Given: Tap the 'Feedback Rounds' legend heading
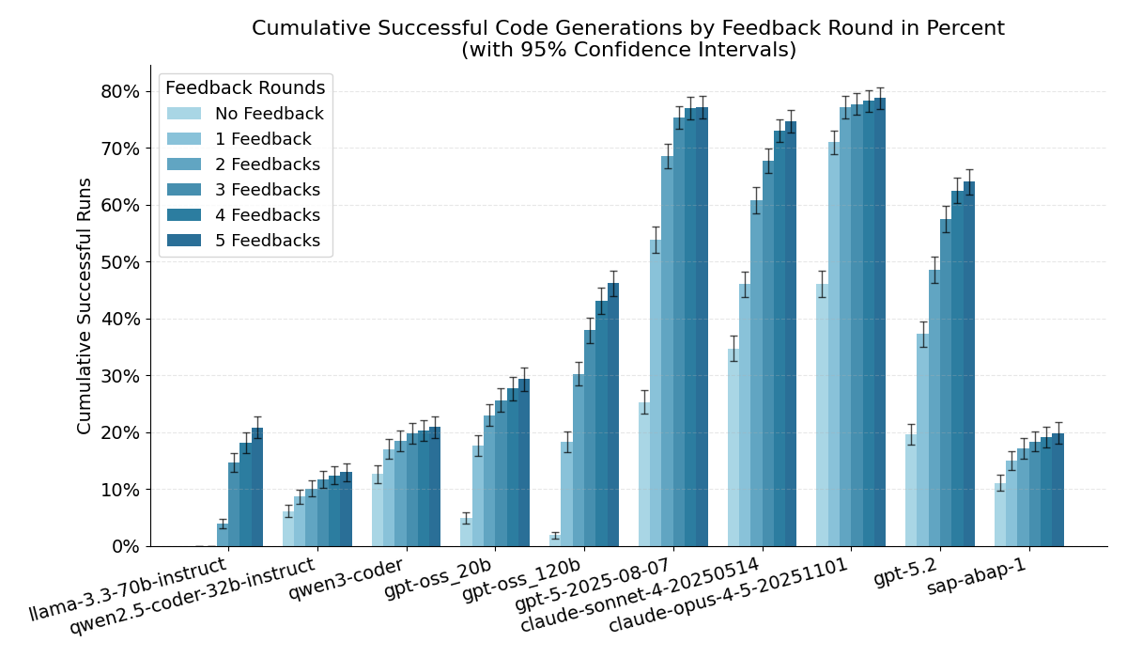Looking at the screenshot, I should [245, 88].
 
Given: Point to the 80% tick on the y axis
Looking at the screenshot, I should [119, 92].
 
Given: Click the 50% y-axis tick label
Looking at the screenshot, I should [119, 262].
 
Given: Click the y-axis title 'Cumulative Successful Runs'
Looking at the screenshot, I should [85, 305].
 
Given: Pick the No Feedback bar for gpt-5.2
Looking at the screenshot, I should [911, 490].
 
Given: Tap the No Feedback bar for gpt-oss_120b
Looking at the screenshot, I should [555, 541].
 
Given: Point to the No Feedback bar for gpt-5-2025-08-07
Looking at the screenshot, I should [644, 475].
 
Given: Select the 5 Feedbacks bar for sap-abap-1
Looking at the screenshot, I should [1058, 490].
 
